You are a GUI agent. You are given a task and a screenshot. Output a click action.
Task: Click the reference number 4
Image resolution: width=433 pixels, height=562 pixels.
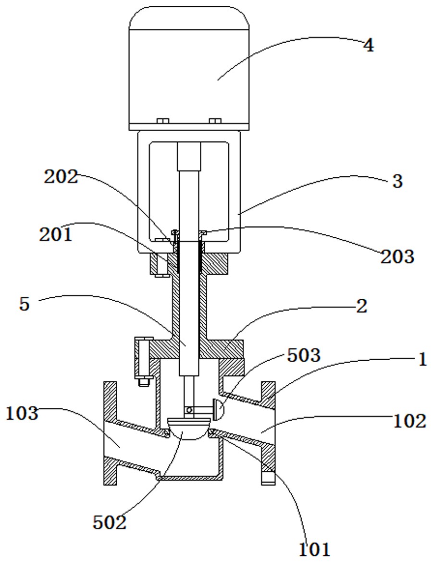(x=369, y=46)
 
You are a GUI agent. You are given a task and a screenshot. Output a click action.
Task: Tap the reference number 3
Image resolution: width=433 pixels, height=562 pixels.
(x=397, y=182)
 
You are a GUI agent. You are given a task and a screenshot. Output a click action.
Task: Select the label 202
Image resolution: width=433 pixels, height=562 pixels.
(x=61, y=177)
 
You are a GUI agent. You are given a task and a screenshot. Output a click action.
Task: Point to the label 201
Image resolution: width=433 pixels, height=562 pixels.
(x=56, y=235)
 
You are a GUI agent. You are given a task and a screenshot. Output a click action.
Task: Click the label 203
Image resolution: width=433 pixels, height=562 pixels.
(x=397, y=257)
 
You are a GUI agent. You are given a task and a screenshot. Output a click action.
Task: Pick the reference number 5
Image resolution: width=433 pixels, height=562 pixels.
(x=24, y=304)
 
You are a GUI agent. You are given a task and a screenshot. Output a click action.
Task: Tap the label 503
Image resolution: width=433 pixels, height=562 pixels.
(x=304, y=355)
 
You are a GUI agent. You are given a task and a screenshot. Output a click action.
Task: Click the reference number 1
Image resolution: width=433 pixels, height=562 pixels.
(x=422, y=359)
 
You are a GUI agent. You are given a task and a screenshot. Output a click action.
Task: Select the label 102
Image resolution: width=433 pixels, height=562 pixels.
(x=409, y=421)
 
